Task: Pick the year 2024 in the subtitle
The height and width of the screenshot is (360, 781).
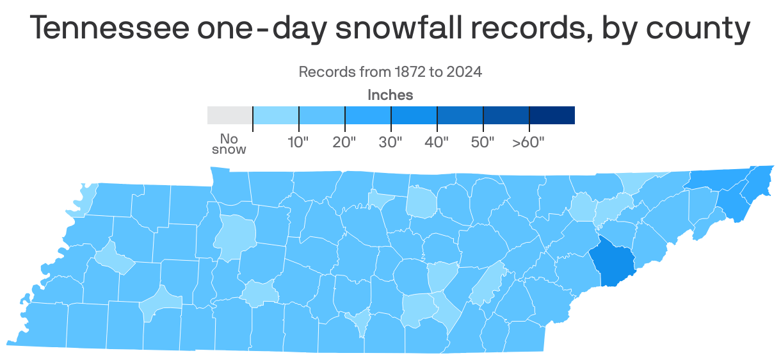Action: [x=464, y=72]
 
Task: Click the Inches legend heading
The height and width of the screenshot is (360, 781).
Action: [x=390, y=95]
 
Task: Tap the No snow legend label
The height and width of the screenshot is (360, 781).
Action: [x=229, y=144]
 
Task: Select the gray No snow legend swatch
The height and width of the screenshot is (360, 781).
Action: [x=230, y=115]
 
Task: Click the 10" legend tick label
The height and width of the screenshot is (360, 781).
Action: [x=298, y=142]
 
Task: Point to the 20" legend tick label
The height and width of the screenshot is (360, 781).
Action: [x=344, y=142]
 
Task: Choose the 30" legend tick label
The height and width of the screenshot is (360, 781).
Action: [x=390, y=142]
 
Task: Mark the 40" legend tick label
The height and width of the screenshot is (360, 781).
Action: [x=437, y=142]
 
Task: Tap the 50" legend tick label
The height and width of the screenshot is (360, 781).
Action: [x=483, y=142]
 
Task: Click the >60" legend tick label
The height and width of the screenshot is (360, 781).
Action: [x=528, y=142]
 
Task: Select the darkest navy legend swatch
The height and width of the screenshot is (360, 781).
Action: [x=552, y=115]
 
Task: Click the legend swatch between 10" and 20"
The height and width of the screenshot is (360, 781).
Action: [x=322, y=115]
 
